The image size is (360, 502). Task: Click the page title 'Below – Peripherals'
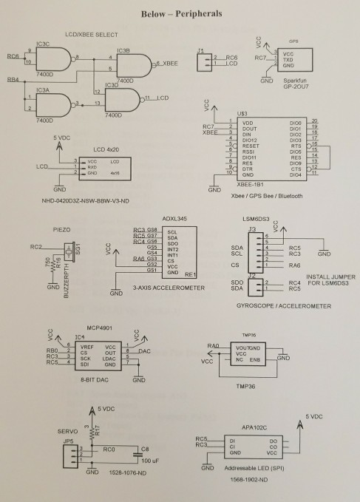pyautogui.click(x=180, y=14)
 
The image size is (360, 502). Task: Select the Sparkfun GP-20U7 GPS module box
pyautogui.click(x=293, y=59)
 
